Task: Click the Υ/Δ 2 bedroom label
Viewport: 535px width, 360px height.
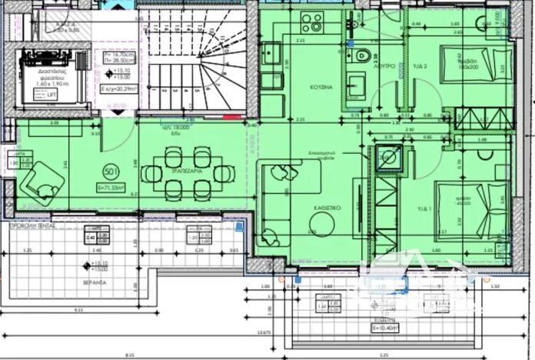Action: [x=420, y=67]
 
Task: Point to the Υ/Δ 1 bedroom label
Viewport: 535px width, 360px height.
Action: [x=422, y=208]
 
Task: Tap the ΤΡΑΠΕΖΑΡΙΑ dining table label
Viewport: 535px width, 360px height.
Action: [x=187, y=172]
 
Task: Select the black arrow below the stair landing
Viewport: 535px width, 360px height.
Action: [x=117, y=112]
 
